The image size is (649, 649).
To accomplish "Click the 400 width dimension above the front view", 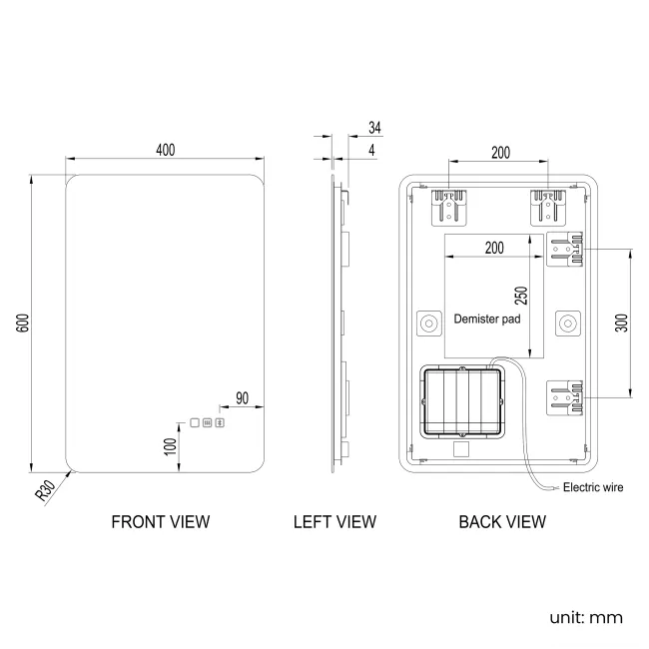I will pos(165,150).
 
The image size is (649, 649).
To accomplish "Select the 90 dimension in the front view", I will pos(241,397).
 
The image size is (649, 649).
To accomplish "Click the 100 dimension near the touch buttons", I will pos(171,447).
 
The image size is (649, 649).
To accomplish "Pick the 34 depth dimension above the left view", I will pos(374,128).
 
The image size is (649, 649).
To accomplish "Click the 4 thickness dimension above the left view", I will pos(372,150).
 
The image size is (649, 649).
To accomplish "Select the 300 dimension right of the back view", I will pos(621,324).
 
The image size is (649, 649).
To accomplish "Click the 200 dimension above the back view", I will pos(499,152).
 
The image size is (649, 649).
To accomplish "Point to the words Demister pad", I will pos(487,320).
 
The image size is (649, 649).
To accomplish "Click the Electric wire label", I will pos(593,488).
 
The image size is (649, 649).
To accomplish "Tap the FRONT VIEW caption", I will pos(161,521).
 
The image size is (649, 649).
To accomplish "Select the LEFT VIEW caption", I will pos(334,521).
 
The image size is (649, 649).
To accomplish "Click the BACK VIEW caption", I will pos(502,521).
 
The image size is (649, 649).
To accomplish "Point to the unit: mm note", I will pos(586,617).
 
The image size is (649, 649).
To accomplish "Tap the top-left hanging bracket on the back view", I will pos(447,208).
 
